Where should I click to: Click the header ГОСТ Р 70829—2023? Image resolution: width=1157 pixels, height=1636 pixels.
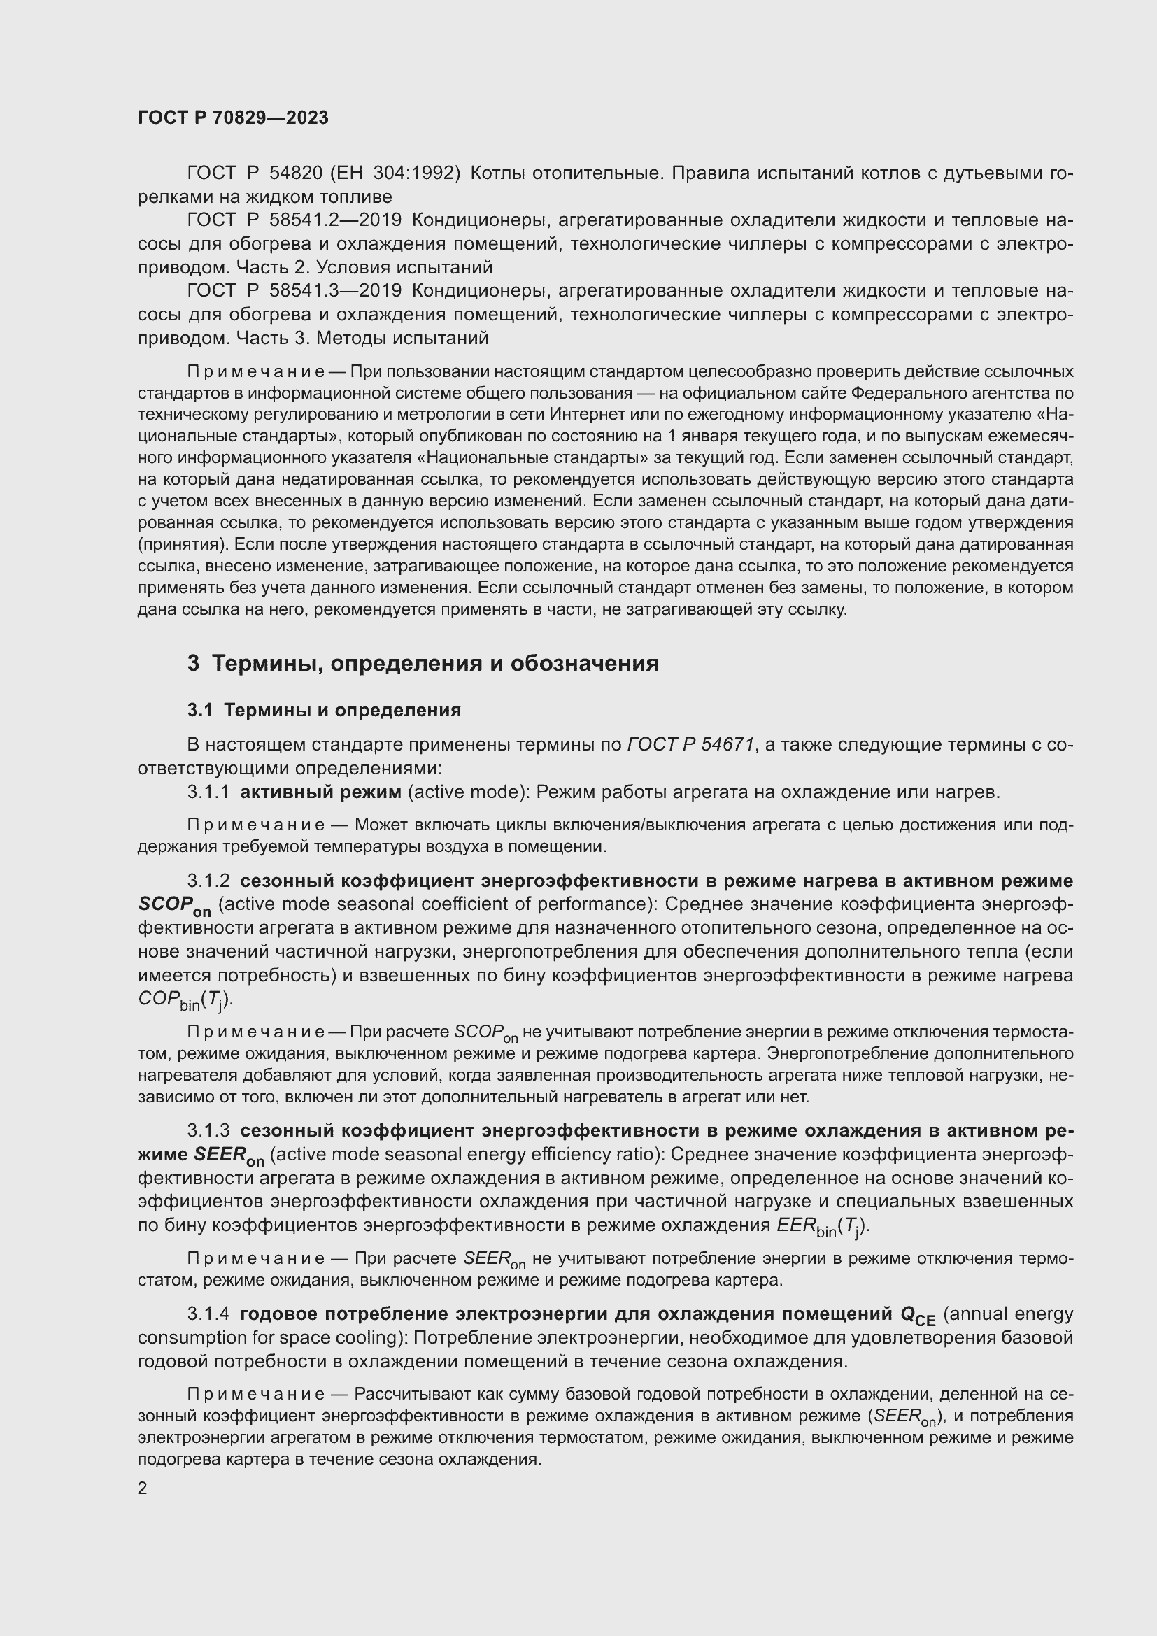(x=233, y=118)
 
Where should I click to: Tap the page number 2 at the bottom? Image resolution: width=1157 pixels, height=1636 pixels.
(x=143, y=1488)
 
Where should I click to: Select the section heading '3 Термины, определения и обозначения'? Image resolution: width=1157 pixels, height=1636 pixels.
(x=423, y=663)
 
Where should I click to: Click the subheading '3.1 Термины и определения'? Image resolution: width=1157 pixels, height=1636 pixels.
(x=324, y=711)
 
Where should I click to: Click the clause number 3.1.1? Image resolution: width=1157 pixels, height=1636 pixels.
(x=208, y=792)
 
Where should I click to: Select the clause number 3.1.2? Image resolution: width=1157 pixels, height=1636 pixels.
(x=208, y=881)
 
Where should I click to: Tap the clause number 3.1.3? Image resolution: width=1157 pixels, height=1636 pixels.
(x=208, y=1131)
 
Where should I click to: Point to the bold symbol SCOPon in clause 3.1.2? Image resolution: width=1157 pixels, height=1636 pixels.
(x=174, y=906)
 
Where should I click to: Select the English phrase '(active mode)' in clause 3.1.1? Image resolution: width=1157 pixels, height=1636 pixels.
(x=467, y=792)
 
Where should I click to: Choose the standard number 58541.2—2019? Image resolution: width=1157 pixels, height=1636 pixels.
(x=335, y=220)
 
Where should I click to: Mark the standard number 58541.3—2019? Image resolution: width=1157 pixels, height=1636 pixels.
(x=335, y=291)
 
